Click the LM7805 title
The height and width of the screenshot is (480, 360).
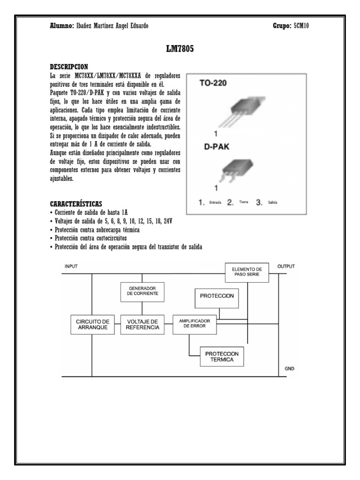[x=180, y=49]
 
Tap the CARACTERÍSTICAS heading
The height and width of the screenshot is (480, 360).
[x=75, y=204]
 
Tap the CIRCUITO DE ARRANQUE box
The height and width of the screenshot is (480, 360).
[x=92, y=324]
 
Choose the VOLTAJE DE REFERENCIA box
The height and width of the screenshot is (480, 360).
[x=142, y=324]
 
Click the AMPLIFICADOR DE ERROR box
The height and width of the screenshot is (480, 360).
[x=195, y=323]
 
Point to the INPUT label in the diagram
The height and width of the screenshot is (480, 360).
[x=71, y=266]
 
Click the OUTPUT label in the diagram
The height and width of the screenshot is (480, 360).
[x=286, y=266]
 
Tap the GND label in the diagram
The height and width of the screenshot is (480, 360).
[x=290, y=369]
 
